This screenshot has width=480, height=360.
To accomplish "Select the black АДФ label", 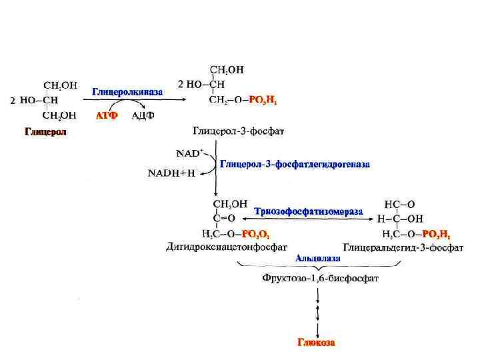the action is (x=143, y=115).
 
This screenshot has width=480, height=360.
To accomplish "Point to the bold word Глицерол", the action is (x=46, y=131).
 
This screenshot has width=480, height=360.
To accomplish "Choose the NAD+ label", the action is (x=189, y=153).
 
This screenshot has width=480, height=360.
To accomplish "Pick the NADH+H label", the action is (x=171, y=173).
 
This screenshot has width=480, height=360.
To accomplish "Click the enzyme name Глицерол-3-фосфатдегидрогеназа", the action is (x=295, y=163).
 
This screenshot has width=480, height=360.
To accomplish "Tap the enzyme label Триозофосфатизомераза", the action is (x=309, y=211).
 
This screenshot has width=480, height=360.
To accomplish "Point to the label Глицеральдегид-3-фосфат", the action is (x=403, y=247).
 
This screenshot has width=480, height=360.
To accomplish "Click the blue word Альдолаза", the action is (x=317, y=257).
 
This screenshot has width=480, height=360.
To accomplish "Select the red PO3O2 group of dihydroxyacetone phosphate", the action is (x=255, y=233).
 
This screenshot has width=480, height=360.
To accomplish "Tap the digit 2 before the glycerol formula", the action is (x=11, y=101).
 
